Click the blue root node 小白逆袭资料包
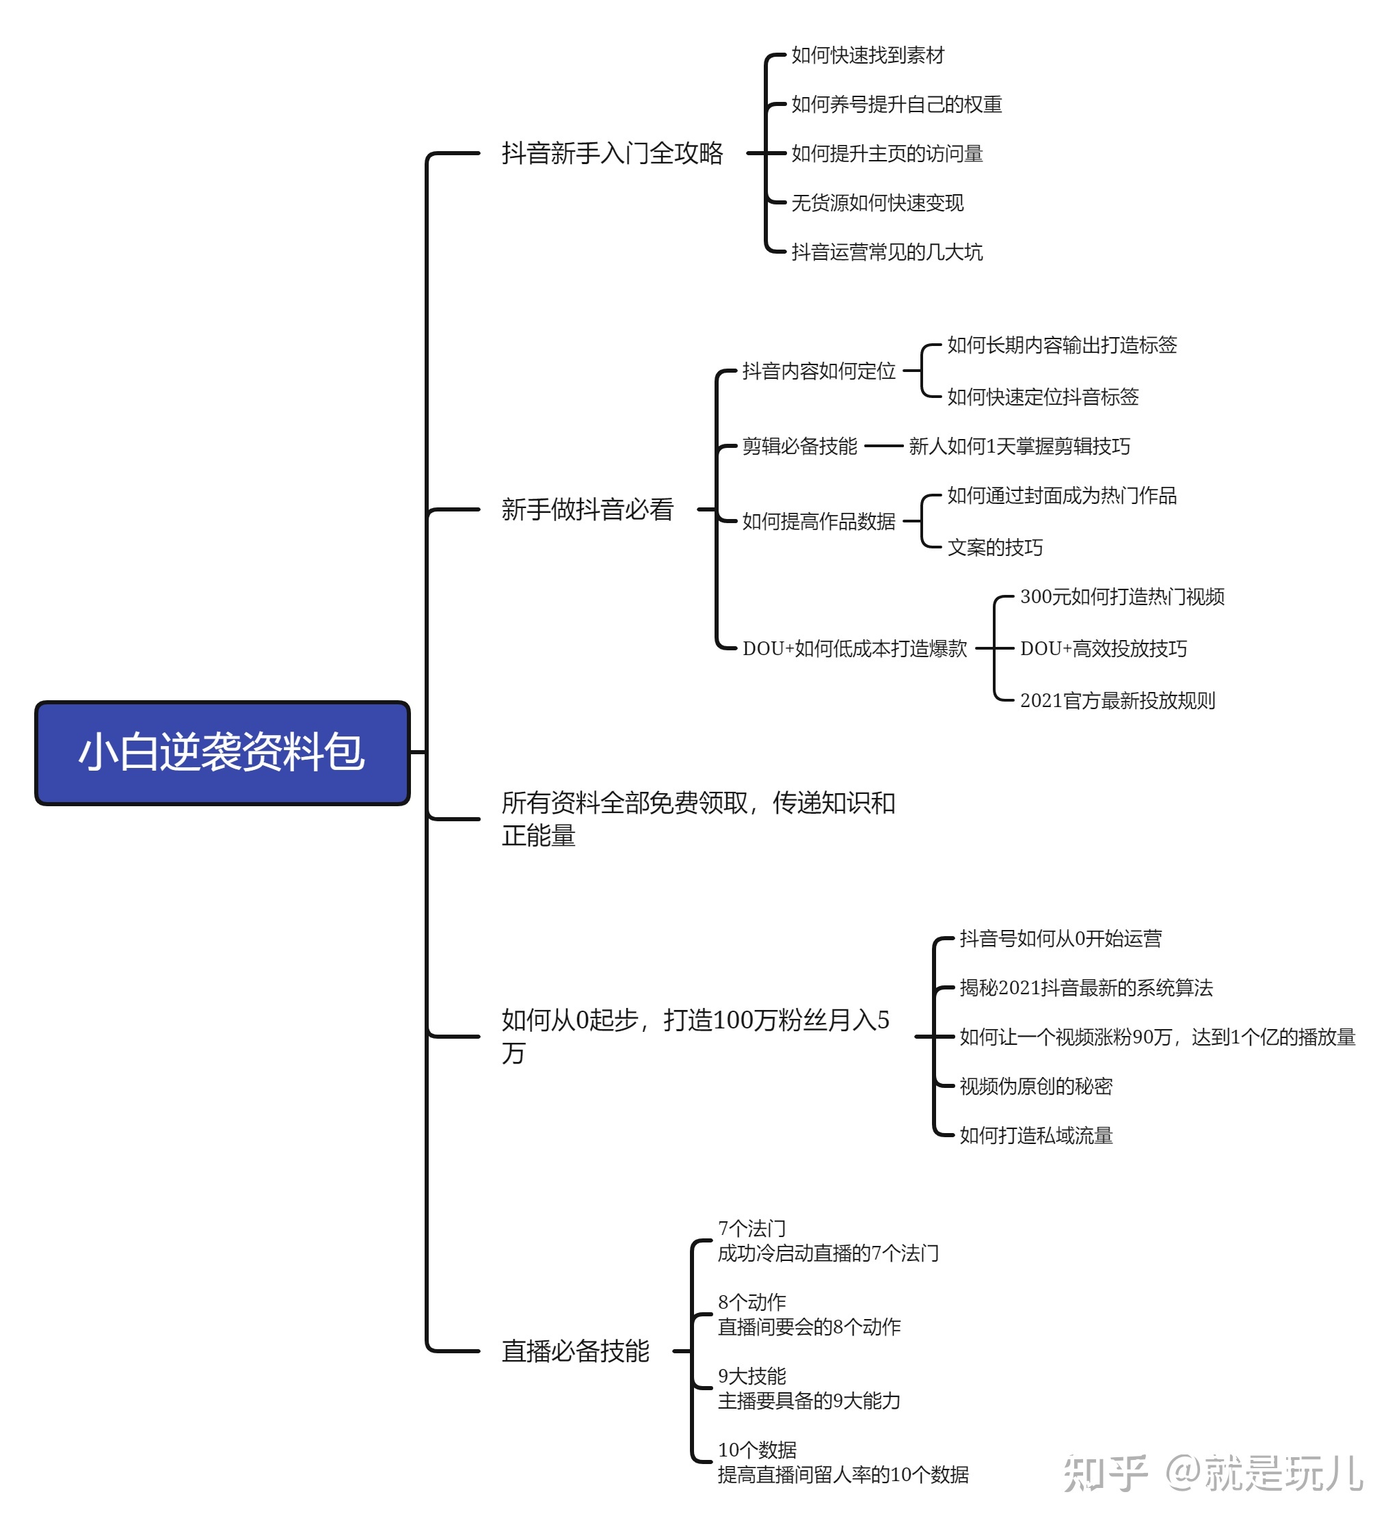tap(222, 752)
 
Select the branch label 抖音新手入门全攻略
tap(612, 153)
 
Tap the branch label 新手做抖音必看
tap(587, 509)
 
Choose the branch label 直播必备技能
tap(575, 1351)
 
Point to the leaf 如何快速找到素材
tap(868, 55)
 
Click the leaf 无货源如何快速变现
tap(877, 203)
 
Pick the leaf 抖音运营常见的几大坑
tap(886, 252)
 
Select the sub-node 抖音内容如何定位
tap(818, 371)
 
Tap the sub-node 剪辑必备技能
tap(799, 446)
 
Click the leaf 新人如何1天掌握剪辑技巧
tap(1019, 446)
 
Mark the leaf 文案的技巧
tap(995, 548)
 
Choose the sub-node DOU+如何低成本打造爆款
tap(855, 648)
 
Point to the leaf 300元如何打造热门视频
tap(1121, 597)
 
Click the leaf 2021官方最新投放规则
tap(1117, 700)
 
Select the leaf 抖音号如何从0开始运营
tap(1060, 939)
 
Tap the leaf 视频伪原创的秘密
tap(1036, 1086)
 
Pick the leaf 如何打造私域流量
tap(1036, 1135)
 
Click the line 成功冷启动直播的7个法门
tap(828, 1253)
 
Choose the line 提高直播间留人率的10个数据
tap(843, 1474)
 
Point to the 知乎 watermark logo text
tap(1105, 1473)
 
